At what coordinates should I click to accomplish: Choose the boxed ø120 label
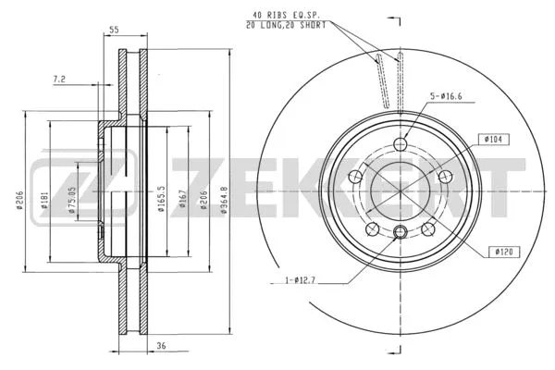(x=504, y=250)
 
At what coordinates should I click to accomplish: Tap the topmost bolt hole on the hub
(x=400, y=143)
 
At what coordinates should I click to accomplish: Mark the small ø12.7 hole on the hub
(x=400, y=231)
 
